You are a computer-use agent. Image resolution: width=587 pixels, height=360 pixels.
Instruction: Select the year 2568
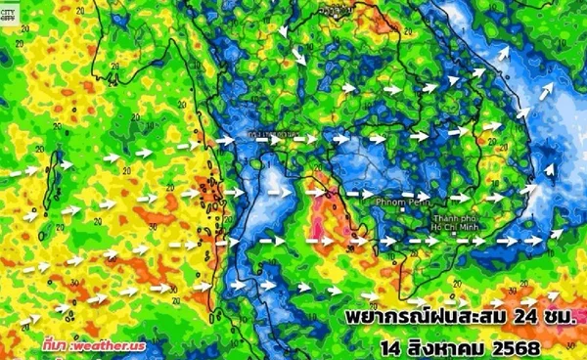[x=522, y=347]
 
